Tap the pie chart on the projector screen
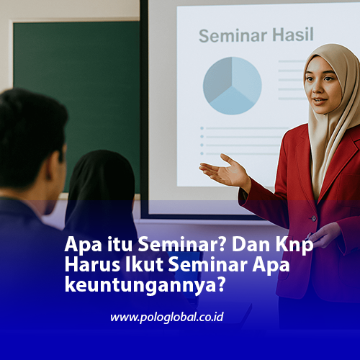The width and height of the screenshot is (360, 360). click(x=232, y=85)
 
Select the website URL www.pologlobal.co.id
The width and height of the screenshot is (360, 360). click(x=166, y=317)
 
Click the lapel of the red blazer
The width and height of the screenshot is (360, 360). click(x=306, y=173)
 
